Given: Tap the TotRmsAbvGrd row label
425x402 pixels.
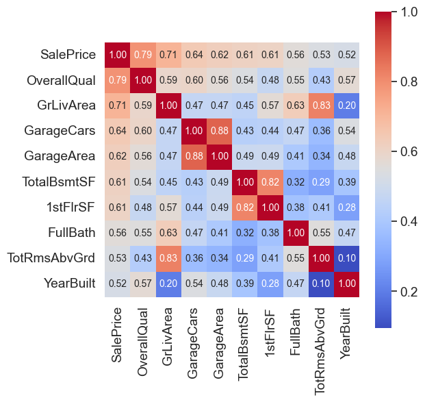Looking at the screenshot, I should click(x=51, y=258).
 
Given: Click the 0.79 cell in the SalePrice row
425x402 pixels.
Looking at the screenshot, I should click(x=143, y=54).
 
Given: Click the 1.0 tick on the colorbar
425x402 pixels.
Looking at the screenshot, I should click(x=411, y=12).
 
